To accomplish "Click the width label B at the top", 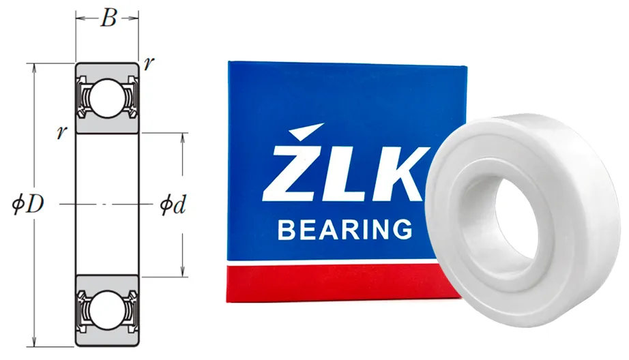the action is pos(108,18).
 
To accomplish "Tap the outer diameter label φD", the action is pos(27,205).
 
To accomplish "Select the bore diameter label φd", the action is pos(173,205).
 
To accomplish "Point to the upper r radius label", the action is pos(149,63).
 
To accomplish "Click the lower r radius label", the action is pos(61,132).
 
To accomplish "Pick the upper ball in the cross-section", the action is pos(107,97).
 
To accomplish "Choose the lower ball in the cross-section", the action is pos(107,310).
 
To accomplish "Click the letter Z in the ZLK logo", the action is pos(293,173).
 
